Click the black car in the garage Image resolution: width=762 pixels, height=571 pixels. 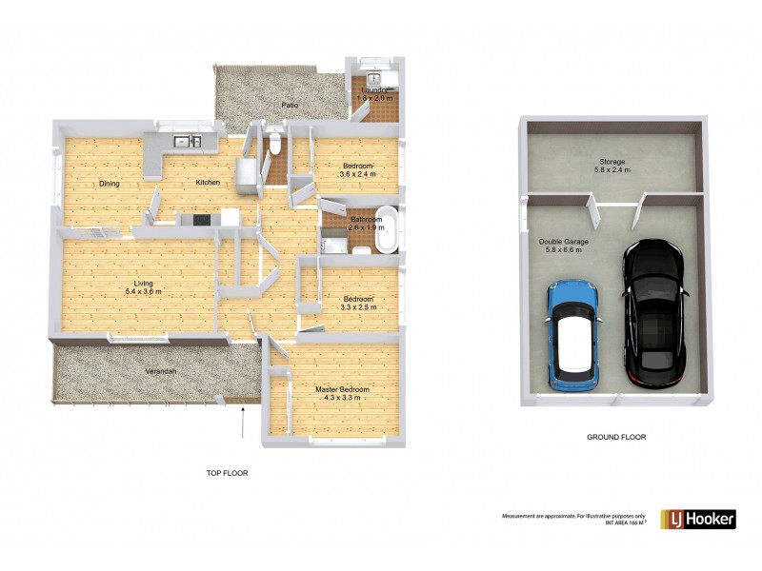coord(653,309)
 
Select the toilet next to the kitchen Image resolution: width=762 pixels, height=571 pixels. coord(274,144)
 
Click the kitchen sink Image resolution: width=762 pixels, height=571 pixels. coord(186,143)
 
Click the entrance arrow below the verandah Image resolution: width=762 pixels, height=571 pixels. coord(244,421)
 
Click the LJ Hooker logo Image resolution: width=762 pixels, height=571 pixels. coord(697,519)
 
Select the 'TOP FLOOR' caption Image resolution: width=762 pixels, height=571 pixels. coord(228,472)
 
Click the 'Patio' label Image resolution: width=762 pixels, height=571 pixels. coord(290,106)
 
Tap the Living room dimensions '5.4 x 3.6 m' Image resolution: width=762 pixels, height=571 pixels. coord(146,291)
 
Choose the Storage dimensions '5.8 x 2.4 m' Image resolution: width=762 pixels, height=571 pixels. coord(612,169)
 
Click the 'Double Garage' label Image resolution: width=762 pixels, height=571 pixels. coord(563,242)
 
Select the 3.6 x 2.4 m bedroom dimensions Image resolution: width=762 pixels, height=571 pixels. coord(359,174)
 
